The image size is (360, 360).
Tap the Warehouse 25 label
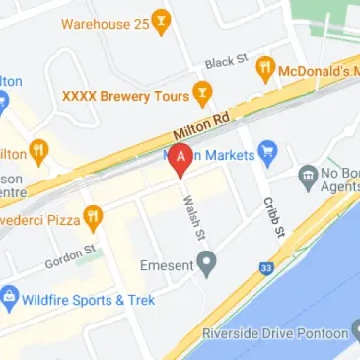tap(104, 21)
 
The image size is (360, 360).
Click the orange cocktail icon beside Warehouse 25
tap(161, 21)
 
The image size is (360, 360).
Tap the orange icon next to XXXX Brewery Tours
tap(202, 96)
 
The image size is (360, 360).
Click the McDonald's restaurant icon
tap(265, 70)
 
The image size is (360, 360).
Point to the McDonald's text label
tap(320, 71)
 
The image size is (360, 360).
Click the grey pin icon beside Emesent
tap(206, 262)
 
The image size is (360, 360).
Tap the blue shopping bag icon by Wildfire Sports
tap(10, 296)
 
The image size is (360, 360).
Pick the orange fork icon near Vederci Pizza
tap(92, 214)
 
